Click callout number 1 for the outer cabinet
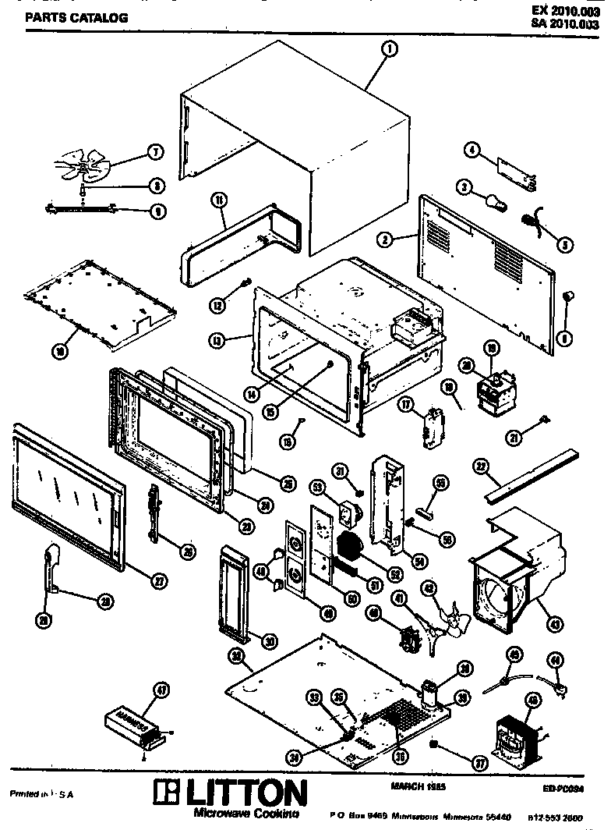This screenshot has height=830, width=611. pos(389,48)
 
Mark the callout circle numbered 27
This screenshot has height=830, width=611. pos(159,580)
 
